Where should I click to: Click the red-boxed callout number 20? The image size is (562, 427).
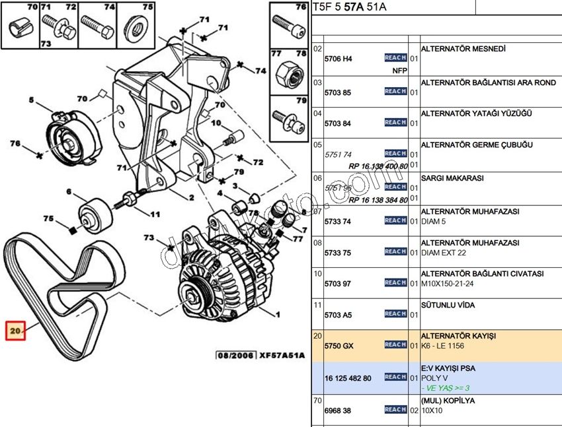tap(15, 329)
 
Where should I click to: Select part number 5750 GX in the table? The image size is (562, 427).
tap(339, 345)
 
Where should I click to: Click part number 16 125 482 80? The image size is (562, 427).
tap(348, 378)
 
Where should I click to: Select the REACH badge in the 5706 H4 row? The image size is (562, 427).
tap(395, 58)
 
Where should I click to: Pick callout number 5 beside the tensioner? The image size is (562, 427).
tap(30, 101)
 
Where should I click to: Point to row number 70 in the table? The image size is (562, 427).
tap(317, 400)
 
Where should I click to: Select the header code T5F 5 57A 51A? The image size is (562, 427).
tap(350, 7)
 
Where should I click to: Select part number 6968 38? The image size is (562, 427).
tap(338, 410)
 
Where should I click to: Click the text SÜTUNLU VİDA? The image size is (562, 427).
tap(448, 306)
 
